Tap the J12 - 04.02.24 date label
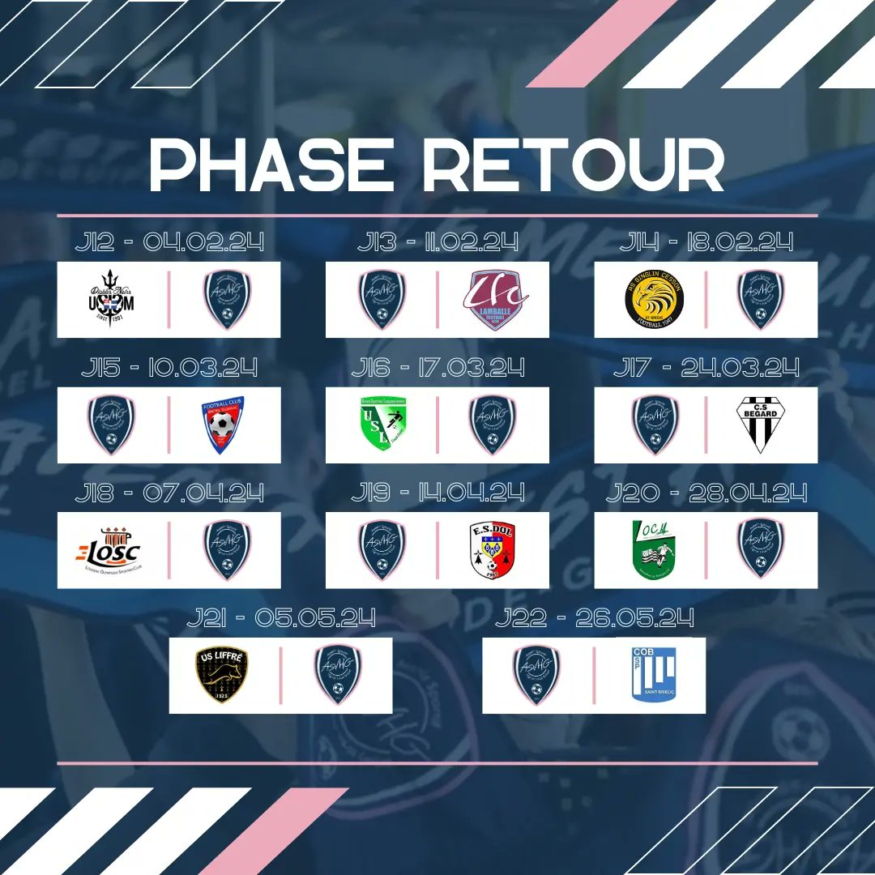pyautogui.click(x=170, y=242)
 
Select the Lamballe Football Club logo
pyautogui.click(x=495, y=300)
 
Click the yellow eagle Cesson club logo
pyautogui.click(x=654, y=300)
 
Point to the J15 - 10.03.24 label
pyautogui.click(x=170, y=368)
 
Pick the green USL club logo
pyautogui.click(x=382, y=425)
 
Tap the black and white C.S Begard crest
pyautogui.click(x=760, y=425)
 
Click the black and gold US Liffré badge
pyautogui.click(x=222, y=675)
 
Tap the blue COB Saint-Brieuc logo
pyautogui.click(x=654, y=675)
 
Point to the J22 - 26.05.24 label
pyautogui.click(x=594, y=619)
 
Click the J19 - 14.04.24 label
pyautogui.click(x=437, y=493)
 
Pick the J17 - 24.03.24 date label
pyautogui.click(x=706, y=368)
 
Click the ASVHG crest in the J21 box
pyautogui.click(x=338, y=675)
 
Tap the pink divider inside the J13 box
pyautogui.click(x=437, y=300)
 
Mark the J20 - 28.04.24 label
pyautogui.click(x=706, y=493)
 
